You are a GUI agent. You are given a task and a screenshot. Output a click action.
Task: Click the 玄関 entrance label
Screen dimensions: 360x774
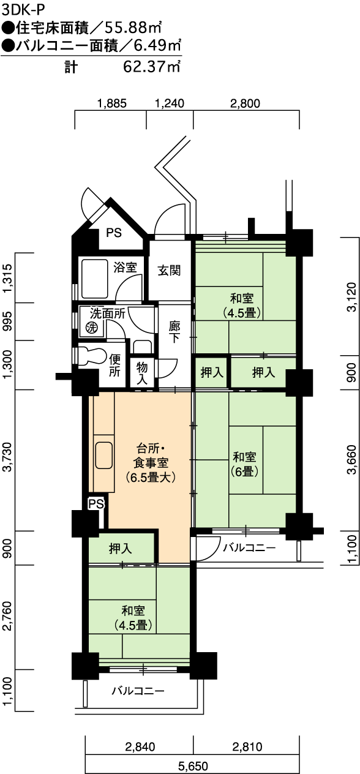pos(169,271)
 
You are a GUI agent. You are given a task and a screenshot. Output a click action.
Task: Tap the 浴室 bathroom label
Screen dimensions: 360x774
pos(125,267)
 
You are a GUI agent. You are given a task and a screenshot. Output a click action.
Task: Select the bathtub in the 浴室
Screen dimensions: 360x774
pos(95,279)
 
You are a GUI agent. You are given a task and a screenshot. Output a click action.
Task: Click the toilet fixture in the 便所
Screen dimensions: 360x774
pos(90,356)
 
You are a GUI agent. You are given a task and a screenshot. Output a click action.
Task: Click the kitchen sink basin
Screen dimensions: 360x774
pos(103,456)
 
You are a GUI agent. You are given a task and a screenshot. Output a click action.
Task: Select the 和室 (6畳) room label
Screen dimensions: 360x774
pos(244,464)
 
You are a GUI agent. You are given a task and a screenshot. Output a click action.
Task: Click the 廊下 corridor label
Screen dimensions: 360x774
pos(174,332)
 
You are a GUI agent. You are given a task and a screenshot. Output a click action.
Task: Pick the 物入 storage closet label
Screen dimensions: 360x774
pos(142,373)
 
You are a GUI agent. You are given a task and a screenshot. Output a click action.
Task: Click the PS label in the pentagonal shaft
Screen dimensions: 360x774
pos(114,233)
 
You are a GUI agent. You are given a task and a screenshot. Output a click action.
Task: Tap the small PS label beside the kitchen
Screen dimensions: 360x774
pos(96,503)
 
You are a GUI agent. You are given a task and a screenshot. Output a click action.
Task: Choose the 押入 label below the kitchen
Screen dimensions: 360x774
pos(120,549)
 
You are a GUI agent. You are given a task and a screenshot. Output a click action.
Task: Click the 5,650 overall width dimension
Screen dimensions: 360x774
pos(193,766)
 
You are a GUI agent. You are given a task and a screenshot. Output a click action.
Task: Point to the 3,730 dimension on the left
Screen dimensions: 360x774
pos(7,458)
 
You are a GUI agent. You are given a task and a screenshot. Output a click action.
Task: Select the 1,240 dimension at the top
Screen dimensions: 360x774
pos(170,103)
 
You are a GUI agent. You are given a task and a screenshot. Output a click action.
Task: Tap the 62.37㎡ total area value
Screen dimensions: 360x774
pos(152,66)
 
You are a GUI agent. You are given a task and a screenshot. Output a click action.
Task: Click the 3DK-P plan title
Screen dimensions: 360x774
pos(23,10)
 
